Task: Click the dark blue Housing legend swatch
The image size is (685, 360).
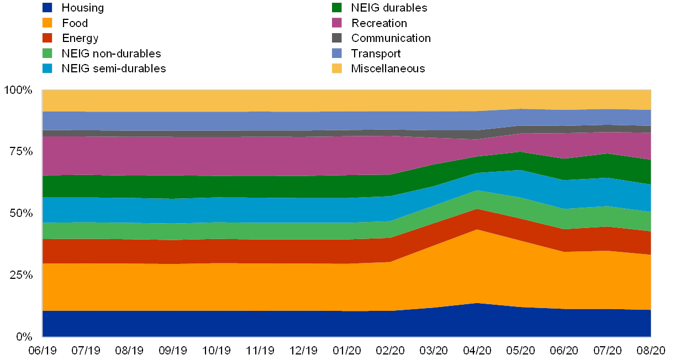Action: pos(48,8)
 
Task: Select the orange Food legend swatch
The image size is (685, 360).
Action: pos(48,23)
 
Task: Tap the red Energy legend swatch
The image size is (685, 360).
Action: pos(48,38)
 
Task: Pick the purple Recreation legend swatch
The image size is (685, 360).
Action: pos(337,23)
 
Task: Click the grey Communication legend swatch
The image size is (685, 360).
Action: pos(337,38)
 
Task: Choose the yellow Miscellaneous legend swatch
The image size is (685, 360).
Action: pos(337,68)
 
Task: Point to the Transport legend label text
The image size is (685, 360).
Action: pos(376,54)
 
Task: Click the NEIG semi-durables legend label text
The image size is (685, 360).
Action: pos(113,68)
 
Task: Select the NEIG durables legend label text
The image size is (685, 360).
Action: pos(389,8)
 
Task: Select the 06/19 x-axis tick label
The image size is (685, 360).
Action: pos(43,350)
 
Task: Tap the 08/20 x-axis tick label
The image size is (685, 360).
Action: pos(651,350)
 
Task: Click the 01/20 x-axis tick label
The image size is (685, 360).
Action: pos(347,350)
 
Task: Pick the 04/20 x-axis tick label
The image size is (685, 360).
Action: pos(477,350)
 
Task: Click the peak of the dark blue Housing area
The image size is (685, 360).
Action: pos(477,304)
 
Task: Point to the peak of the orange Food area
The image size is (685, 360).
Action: pos(477,230)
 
